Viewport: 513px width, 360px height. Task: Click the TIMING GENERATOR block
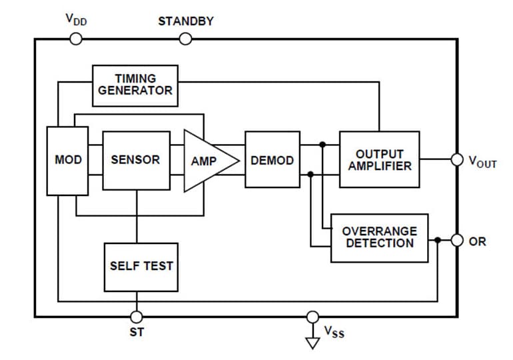click(x=135, y=85)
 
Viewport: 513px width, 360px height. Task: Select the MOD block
click(x=67, y=160)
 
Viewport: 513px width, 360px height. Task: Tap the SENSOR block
click(x=135, y=160)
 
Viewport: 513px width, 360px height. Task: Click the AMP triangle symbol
click(x=206, y=161)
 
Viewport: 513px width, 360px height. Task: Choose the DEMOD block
click(x=272, y=160)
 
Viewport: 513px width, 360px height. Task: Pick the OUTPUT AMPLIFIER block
click(x=379, y=160)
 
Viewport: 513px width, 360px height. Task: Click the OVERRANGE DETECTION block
click(x=379, y=237)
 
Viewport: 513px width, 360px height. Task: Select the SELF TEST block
click(x=141, y=266)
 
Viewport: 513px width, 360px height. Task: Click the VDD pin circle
click(x=76, y=39)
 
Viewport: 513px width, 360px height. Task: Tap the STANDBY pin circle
click(x=186, y=39)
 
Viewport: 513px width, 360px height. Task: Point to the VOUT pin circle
click(x=457, y=160)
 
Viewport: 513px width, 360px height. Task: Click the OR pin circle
click(x=457, y=241)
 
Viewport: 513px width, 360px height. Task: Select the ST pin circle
click(x=137, y=317)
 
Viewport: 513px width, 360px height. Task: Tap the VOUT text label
click(x=482, y=161)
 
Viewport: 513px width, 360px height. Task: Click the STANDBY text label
click(x=186, y=21)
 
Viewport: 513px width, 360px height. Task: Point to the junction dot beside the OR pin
click(x=437, y=241)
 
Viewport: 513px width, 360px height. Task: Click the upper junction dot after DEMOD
click(x=322, y=145)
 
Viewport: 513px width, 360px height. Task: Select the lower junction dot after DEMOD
click(x=310, y=175)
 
